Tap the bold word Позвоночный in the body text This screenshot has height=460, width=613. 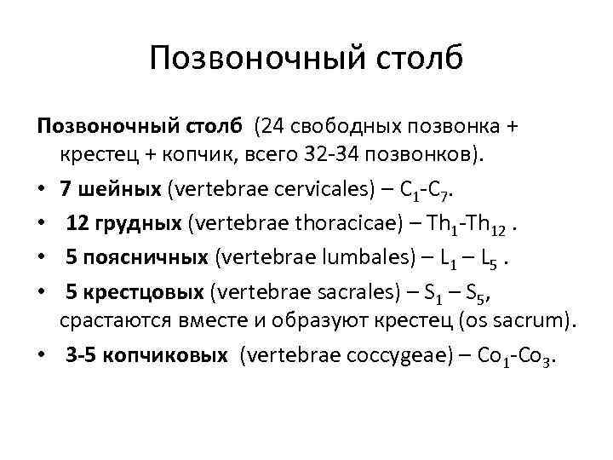coord(102,127)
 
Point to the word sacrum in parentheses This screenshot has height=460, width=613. coord(539,321)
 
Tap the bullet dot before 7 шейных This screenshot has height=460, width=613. coord(43,186)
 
